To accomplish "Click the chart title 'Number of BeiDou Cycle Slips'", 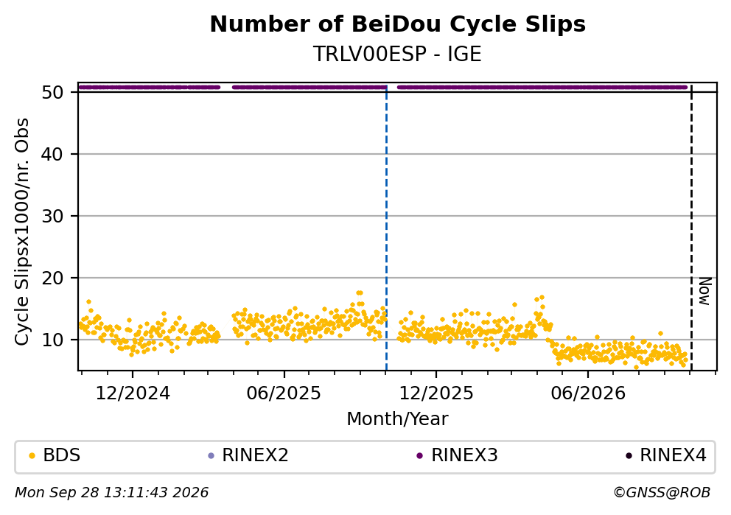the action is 398,24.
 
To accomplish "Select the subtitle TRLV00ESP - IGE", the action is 397,55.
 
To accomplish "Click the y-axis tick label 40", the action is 52,154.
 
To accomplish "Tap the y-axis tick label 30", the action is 52,217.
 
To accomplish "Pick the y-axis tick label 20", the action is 52,278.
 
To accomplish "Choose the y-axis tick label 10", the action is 52,340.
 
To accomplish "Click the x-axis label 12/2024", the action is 133,394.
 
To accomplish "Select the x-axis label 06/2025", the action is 284,394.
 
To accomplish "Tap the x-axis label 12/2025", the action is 436,394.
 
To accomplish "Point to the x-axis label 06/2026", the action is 588,394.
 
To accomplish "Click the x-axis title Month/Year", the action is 397,419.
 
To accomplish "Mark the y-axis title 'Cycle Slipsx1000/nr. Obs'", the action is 22,231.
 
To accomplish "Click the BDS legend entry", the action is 55,455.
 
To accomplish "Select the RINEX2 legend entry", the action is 248,455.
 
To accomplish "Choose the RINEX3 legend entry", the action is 458,455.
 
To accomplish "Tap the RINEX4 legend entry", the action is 665,455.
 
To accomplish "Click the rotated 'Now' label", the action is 705,291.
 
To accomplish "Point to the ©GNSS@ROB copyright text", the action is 662,493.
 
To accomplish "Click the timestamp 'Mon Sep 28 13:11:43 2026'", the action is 112,493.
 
